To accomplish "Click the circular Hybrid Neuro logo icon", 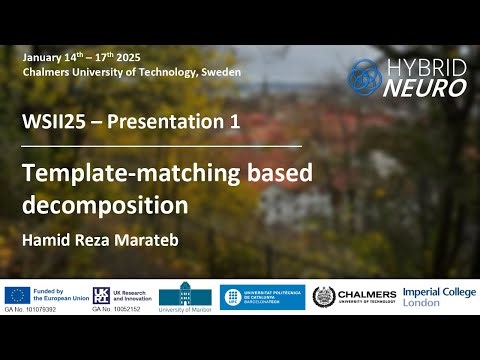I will (364, 77).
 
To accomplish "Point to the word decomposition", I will (105, 206).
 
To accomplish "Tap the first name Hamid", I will (43, 240).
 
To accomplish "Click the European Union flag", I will (16, 294).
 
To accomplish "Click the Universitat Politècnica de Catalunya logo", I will (263, 297).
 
